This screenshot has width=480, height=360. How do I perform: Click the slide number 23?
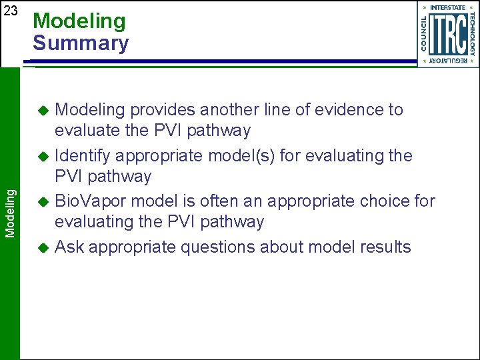[11, 11]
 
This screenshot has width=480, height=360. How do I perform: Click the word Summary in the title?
[81, 43]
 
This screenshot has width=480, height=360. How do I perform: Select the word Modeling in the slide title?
[79, 21]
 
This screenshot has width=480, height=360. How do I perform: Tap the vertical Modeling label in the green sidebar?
[10, 212]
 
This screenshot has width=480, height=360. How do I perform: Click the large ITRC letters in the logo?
[447, 35]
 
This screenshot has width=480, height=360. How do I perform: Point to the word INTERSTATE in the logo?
[448, 8]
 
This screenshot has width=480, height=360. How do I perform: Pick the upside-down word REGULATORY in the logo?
[447, 61]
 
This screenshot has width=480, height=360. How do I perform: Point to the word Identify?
[83, 156]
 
